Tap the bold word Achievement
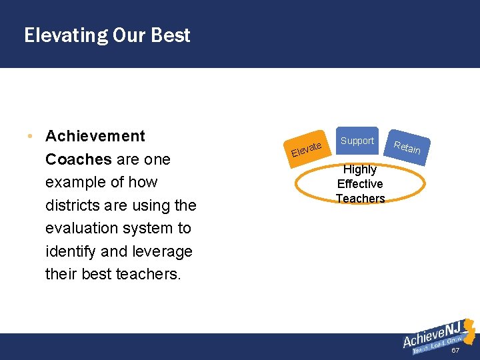coord(95,136)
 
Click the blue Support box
coord(357,141)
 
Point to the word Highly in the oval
coord(360,169)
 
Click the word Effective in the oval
coord(360,184)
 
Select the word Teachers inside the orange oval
coord(360,199)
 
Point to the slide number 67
coord(456,351)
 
